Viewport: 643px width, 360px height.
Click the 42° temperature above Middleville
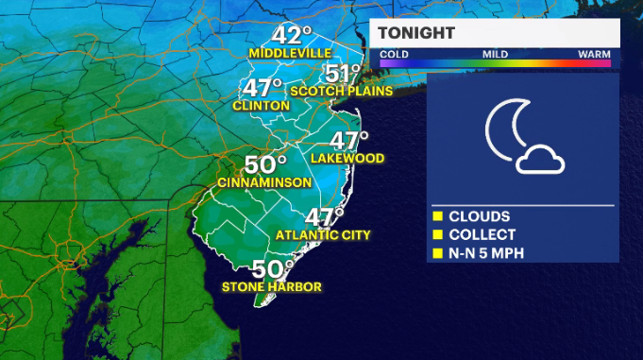click(x=294, y=35)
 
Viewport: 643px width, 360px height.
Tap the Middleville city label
click(x=291, y=54)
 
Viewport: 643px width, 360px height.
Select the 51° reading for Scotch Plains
click(x=344, y=74)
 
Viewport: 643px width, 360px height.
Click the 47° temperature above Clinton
click(x=264, y=89)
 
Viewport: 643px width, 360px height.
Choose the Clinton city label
click(x=261, y=106)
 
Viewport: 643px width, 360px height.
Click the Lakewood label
click(x=347, y=158)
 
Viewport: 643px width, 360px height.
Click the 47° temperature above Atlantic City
click(x=324, y=217)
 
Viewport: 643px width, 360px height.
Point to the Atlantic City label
click(x=323, y=234)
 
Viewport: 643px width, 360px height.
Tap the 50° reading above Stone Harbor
click(x=273, y=269)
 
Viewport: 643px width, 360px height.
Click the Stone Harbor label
click(x=271, y=286)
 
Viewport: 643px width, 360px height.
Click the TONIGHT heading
click(x=416, y=33)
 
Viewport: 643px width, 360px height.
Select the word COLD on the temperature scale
click(x=395, y=54)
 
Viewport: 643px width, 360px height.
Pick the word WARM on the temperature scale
click(x=594, y=54)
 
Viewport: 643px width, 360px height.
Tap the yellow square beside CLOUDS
click(x=438, y=216)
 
